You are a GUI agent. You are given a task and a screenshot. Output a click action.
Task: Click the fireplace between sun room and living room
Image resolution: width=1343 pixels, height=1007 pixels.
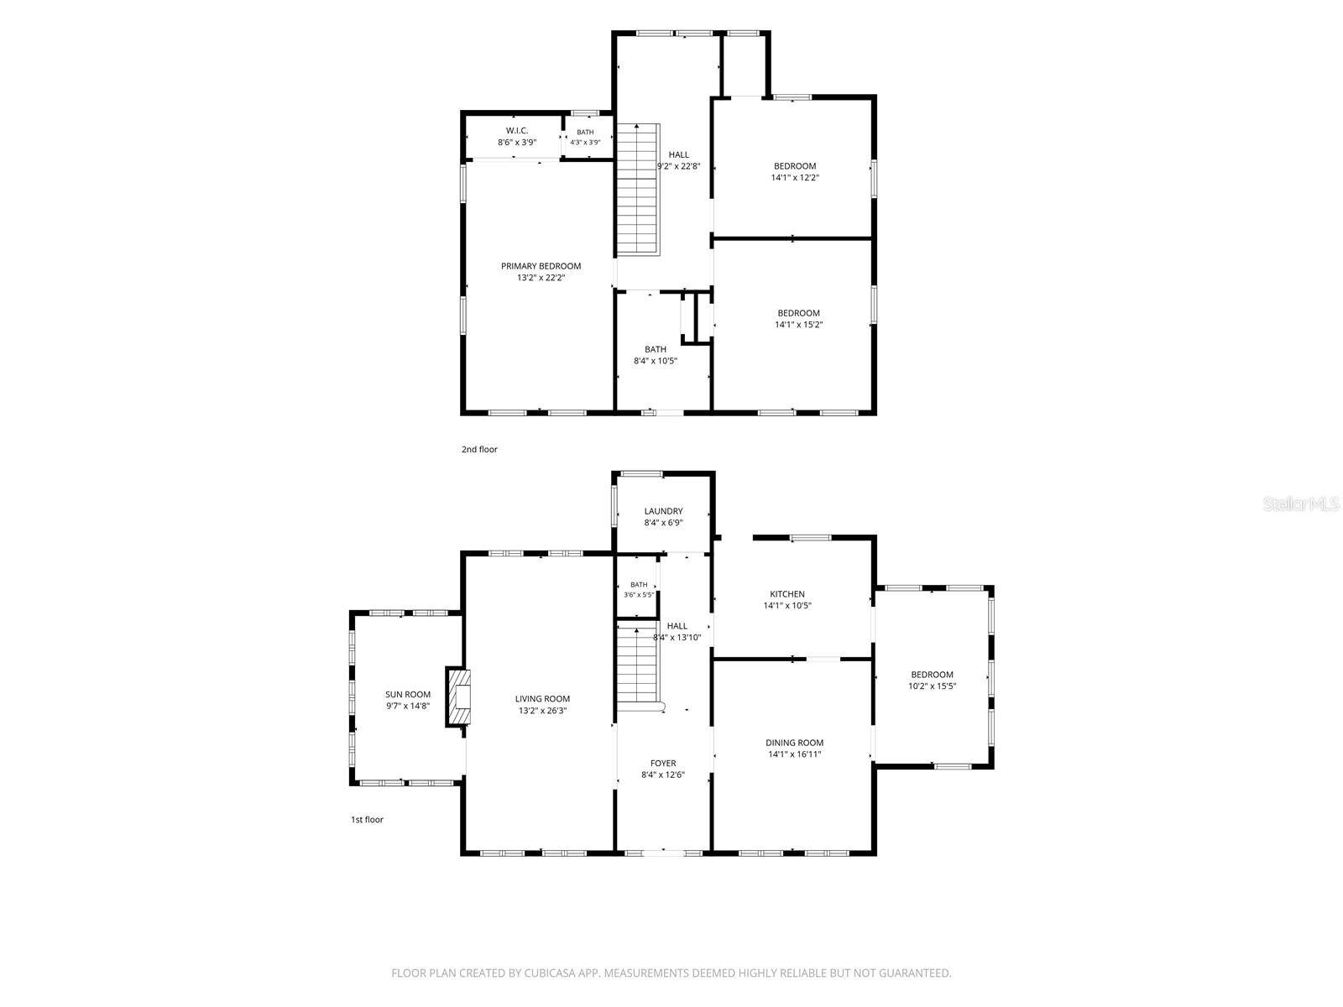pos(458,697)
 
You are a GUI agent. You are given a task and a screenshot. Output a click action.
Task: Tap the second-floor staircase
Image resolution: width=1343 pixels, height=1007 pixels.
pos(638,190)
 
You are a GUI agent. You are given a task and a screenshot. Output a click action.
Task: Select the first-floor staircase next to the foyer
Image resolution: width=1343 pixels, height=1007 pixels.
pos(638,666)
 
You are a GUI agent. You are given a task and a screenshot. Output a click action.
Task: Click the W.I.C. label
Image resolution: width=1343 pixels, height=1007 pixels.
pos(517,130)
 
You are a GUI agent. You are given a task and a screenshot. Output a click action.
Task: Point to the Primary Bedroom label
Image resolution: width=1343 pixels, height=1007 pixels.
pos(541,266)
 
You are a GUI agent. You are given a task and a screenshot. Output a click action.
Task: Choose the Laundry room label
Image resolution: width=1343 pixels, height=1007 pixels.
pos(663,511)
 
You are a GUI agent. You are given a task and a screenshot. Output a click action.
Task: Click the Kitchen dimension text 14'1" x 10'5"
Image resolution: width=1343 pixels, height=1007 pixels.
pos(787,606)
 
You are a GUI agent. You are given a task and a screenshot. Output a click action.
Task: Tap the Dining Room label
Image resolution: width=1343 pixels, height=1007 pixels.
pos(794,743)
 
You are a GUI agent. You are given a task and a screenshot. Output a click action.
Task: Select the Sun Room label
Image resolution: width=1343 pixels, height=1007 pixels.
pos(407,695)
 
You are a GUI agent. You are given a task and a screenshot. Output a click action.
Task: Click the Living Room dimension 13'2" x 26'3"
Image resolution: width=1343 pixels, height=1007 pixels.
pos(542,711)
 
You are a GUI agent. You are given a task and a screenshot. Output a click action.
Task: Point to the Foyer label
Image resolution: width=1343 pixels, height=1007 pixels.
pos(663,763)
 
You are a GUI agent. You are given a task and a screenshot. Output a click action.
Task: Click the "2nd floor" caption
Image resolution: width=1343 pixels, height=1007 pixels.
pos(479,450)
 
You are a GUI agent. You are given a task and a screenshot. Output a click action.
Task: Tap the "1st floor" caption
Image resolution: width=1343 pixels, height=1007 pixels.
pos(367,819)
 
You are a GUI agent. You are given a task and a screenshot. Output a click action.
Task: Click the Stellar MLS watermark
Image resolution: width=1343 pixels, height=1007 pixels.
pos(1301,503)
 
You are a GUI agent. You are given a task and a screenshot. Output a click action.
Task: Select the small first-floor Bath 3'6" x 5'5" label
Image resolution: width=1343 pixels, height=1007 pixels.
pos(639,590)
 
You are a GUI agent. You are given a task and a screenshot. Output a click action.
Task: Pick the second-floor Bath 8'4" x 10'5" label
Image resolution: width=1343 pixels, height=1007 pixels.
pos(656,355)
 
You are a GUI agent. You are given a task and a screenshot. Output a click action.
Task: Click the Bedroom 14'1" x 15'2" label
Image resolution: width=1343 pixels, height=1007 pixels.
pos(798,319)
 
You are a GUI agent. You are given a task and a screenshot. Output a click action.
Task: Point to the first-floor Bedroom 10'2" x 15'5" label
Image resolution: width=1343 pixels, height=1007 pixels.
pos(932,681)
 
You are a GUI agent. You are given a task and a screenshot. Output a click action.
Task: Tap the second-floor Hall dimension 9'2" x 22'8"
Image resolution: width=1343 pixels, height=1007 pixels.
pos(678,166)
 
